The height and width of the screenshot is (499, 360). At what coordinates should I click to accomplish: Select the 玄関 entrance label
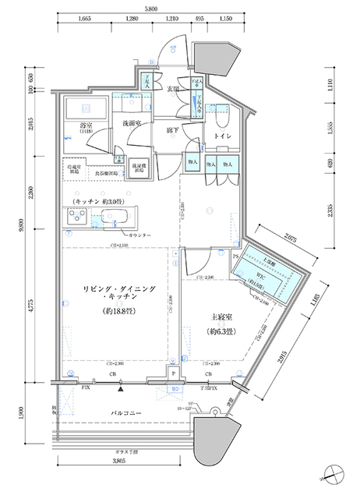click(174, 89)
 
